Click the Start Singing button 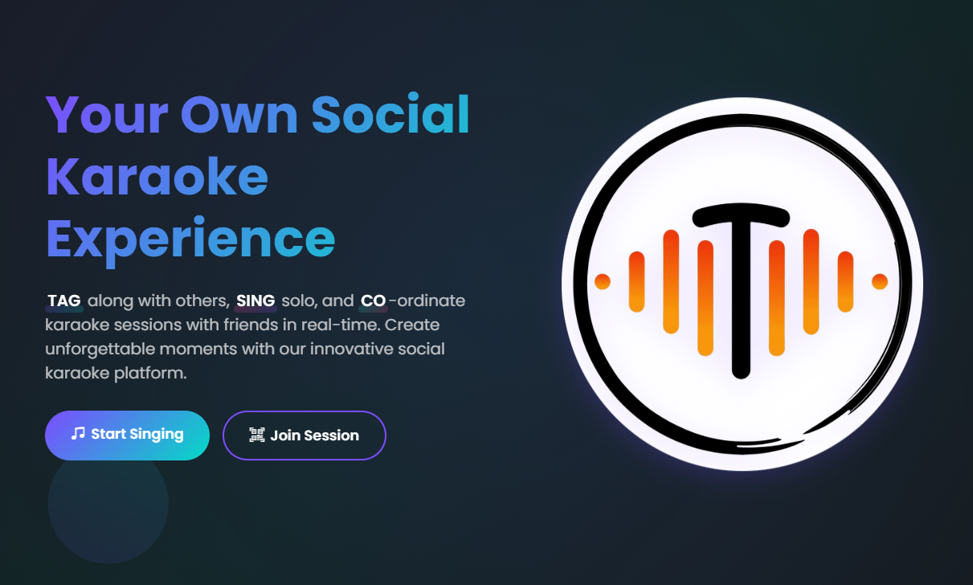(127, 435)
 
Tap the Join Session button (305, 436)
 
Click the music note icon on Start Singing (78, 434)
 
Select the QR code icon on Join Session (257, 436)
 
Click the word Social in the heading (390, 115)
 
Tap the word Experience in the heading (190, 238)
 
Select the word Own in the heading (239, 115)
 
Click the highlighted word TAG (64, 301)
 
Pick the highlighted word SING (256, 301)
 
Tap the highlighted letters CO (373, 301)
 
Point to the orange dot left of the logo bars (602, 281)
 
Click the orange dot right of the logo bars (880, 281)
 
